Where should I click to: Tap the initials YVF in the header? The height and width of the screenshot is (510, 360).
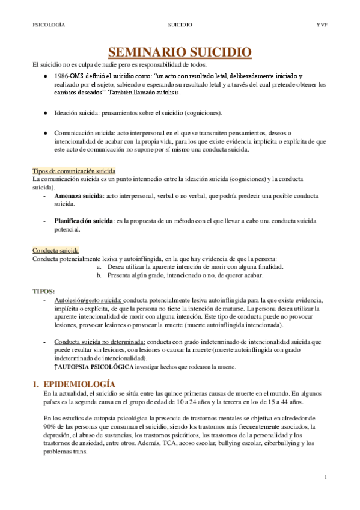[321, 25]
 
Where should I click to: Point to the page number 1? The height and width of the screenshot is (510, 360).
[325, 478]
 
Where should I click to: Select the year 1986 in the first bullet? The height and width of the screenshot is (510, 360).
[61, 76]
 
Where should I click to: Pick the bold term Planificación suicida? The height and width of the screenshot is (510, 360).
[84, 221]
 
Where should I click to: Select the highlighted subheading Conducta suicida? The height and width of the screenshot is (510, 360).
[55, 250]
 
